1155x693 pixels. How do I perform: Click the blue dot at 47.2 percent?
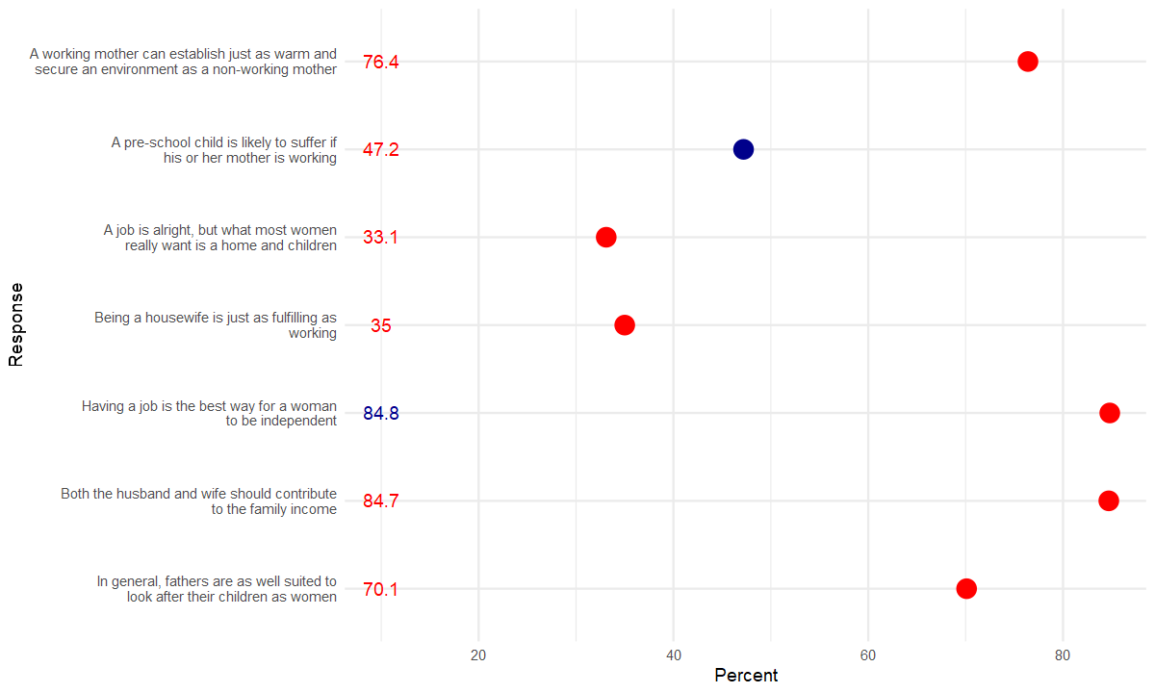pyautogui.click(x=743, y=149)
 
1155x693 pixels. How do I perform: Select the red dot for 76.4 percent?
pyautogui.click(x=1028, y=62)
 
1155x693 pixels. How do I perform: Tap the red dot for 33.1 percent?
pyautogui.click(x=605, y=238)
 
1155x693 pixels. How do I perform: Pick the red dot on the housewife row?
pyautogui.click(x=625, y=325)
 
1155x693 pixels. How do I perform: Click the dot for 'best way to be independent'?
pyautogui.click(x=1110, y=413)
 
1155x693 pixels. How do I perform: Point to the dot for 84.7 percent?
pyautogui.click(x=1109, y=500)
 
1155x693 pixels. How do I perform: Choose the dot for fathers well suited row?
pyautogui.click(x=966, y=589)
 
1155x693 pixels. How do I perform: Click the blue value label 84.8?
pyautogui.click(x=380, y=414)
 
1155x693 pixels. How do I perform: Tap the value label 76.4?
pyautogui.click(x=380, y=63)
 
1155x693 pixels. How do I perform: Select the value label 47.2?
pyautogui.click(x=380, y=150)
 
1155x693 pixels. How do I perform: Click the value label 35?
pyautogui.click(x=381, y=326)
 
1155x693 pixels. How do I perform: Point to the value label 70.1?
pyautogui.click(x=380, y=590)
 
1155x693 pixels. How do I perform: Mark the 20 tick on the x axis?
pyautogui.click(x=478, y=655)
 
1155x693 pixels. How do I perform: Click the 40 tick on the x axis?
pyautogui.click(x=674, y=655)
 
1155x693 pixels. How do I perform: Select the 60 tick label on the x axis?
pyautogui.click(x=868, y=655)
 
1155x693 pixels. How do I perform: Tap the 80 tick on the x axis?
pyautogui.click(x=1063, y=655)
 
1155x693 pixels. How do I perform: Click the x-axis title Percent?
pyautogui.click(x=746, y=676)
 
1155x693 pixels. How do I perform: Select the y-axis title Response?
pyautogui.click(x=15, y=324)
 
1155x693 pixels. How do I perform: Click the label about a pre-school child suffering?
pyautogui.click(x=223, y=150)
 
